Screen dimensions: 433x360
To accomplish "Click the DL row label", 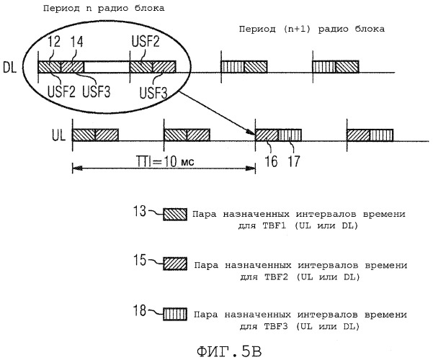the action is pyautogui.click(x=9, y=67).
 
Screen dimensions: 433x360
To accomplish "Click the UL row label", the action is pyautogui.click(x=59, y=135).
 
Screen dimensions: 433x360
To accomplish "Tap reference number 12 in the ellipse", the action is pyautogui.click(x=54, y=42).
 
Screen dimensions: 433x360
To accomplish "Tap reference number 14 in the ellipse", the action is pyautogui.click(x=77, y=42).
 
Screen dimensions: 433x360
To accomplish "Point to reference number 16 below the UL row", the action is pyautogui.click(x=271, y=161).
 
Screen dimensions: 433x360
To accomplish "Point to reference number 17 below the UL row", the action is pyautogui.click(x=294, y=161).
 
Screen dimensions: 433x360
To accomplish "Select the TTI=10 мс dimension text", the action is pyautogui.click(x=165, y=161).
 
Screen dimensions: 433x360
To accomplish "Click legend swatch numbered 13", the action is pyautogui.click(x=175, y=215).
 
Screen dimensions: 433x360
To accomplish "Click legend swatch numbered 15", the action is pyautogui.click(x=175, y=264).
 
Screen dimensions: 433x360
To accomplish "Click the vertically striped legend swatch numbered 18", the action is pyautogui.click(x=175, y=314).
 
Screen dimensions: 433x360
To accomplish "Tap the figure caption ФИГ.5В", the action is pyautogui.click(x=230, y=351).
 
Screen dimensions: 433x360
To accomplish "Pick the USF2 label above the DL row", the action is pyautogui.click(x=146, y=42).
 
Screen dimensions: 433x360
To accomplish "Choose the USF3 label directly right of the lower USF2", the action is pyautogui.click(x=97, y=91).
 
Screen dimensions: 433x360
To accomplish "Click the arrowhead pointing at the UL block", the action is pyautogui.click(x=252, y=133).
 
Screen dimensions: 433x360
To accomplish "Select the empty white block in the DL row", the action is pyautogui.click(x=107, y=67).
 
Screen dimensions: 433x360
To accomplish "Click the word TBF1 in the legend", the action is pyautogui.click(x=274, y=225).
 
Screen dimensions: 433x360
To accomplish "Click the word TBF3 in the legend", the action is pyautogui.click(x=276, y=326).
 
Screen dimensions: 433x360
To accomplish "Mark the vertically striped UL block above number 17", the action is pyautogui.click(x=290, y=135).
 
